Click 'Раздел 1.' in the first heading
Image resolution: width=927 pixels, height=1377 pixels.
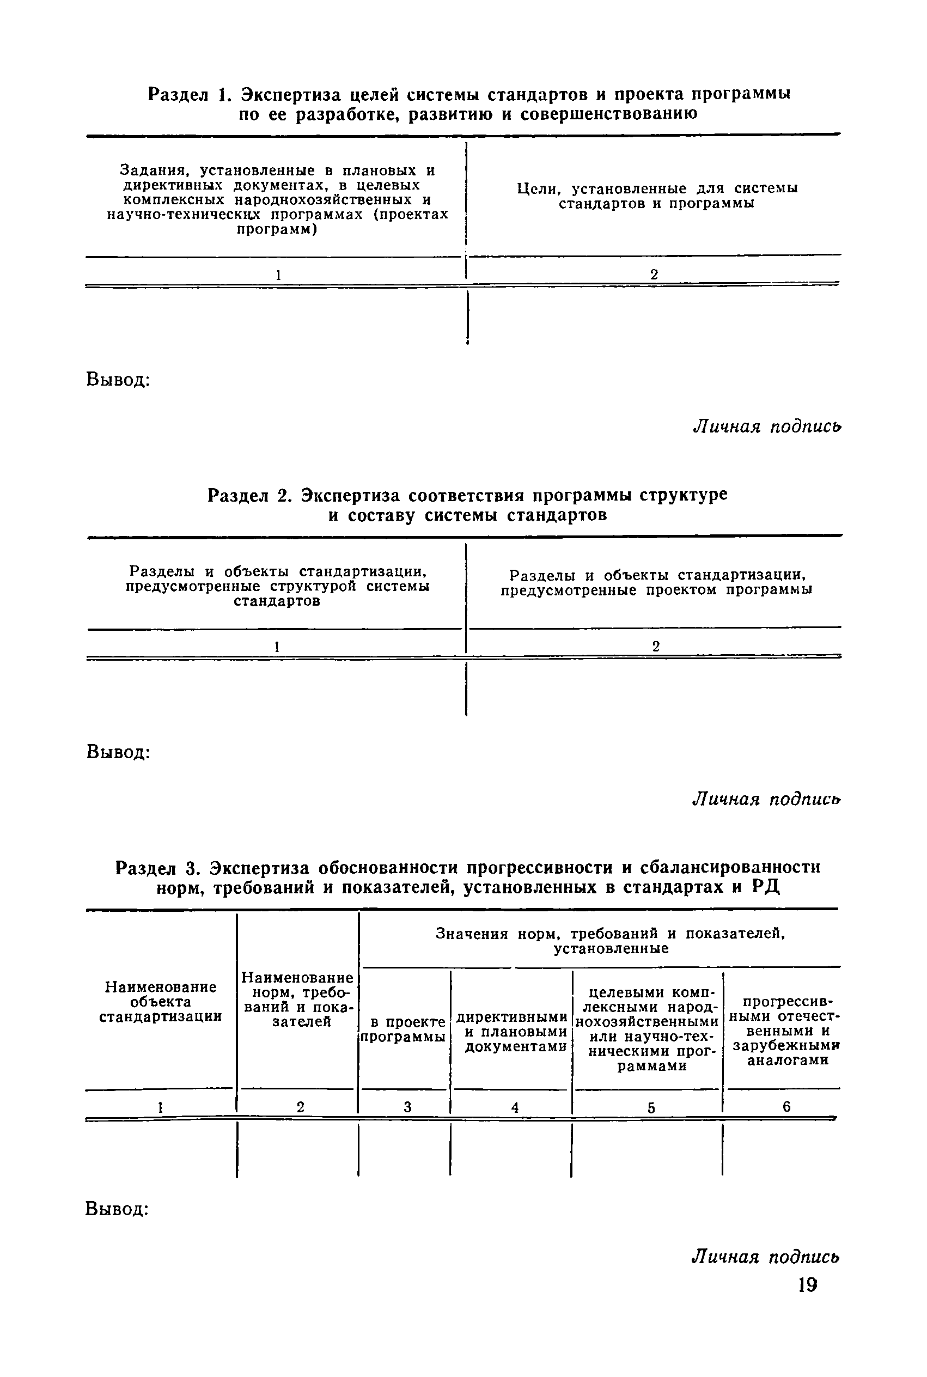(187, 95)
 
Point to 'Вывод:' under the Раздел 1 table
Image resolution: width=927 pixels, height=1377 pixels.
(118, 379)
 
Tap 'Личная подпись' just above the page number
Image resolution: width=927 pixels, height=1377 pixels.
(766, 1256)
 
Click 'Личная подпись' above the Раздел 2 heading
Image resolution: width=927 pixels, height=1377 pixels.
(767, 426)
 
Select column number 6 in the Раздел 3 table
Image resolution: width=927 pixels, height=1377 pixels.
(786, 1106)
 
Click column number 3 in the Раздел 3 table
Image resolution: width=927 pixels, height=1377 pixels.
(407, 1107)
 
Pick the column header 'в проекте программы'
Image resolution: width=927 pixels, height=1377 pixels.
(404, 1029)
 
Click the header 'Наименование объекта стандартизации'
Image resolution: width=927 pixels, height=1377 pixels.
(160, 1002)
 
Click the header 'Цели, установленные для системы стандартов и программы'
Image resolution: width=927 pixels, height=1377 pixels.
(657, 196)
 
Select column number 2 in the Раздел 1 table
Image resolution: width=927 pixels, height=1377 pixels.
(654, 275)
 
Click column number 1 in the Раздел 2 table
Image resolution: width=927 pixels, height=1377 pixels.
(276, 647)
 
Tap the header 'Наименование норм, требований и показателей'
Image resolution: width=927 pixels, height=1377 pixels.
(298, 999)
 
